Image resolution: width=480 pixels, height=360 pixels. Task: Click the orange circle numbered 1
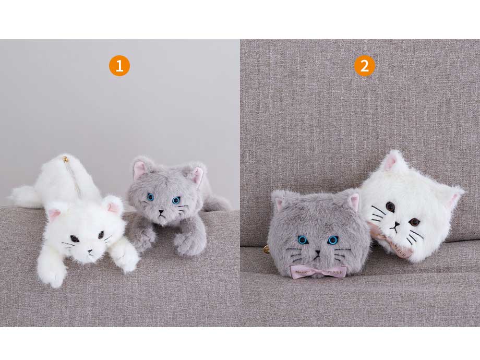[119, 66]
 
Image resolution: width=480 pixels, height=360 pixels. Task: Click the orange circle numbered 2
[364, 66]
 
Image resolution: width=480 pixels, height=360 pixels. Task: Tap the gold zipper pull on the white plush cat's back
[66, 159]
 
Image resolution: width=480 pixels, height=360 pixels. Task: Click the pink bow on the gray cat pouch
[318, 271]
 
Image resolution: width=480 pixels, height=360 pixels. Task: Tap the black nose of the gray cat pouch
[317, 253]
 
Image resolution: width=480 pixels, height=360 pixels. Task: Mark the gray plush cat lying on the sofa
[172, 206]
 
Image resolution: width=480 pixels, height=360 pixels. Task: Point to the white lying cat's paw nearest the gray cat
[125, 256]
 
